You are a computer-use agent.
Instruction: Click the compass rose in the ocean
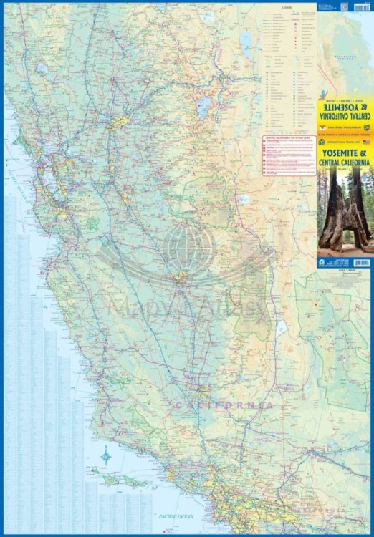tap(107, 454)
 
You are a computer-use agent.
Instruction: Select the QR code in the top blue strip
tap(344, 5)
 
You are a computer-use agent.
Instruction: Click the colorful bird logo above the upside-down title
tap(326, 97)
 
